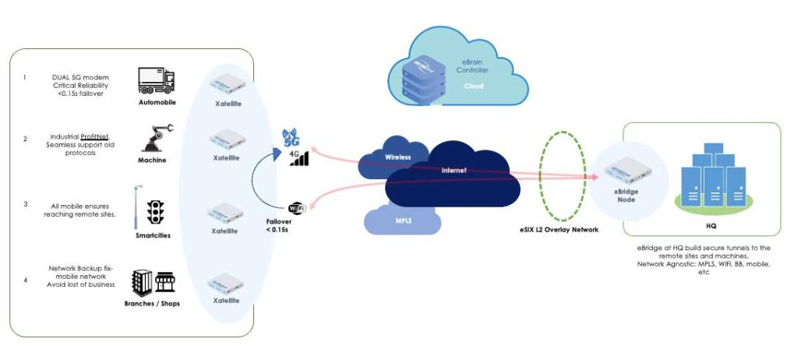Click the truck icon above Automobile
156,80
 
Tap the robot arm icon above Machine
157,137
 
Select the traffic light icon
155,212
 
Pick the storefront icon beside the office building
165,282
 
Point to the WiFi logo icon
297,208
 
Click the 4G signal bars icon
299,158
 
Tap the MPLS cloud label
403,221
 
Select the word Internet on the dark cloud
454,171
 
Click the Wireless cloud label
398,157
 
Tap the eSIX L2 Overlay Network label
556,230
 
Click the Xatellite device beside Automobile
227,83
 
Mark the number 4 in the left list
25,280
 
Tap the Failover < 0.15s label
280,226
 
